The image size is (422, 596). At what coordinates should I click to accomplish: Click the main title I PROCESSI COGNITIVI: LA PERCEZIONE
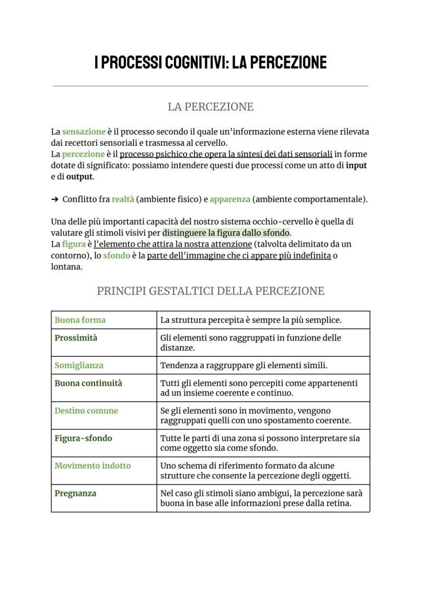tap(210, 63)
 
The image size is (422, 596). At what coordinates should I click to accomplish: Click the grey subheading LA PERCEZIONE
tap(210, 107)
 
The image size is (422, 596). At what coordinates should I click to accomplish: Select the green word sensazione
tap(84, 132)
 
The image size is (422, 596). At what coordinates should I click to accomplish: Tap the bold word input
tap(356, 165)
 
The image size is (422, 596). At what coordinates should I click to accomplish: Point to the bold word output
tap(80, 176)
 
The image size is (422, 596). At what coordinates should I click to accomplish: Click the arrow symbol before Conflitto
tap(55, 199)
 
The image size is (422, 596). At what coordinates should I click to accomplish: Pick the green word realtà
tap(123, 199)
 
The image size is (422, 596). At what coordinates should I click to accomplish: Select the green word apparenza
tap(229, 199)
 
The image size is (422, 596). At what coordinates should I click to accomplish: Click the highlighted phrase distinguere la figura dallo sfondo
tap(226, 233)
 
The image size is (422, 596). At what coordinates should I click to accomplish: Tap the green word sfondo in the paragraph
tap(116, 255)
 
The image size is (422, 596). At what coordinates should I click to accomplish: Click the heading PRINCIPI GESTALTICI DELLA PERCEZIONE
tap(210, 291)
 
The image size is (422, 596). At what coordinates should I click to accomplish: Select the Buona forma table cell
tap(80, 320)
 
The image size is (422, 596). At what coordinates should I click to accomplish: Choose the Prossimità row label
tap(76, 338)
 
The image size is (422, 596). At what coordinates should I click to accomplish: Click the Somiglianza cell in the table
tap(79, 366)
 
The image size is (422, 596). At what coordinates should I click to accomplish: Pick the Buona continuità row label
tap(88, 383)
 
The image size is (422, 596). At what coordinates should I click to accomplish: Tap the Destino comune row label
tap(86, 410)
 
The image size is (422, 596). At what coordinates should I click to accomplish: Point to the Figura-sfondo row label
tap(83, 438)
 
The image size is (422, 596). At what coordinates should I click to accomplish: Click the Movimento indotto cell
tap(93, 465)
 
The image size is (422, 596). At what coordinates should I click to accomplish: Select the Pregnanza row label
tap(75, 493)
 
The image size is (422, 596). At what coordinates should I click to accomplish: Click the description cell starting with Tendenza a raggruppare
tap(244, 366)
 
